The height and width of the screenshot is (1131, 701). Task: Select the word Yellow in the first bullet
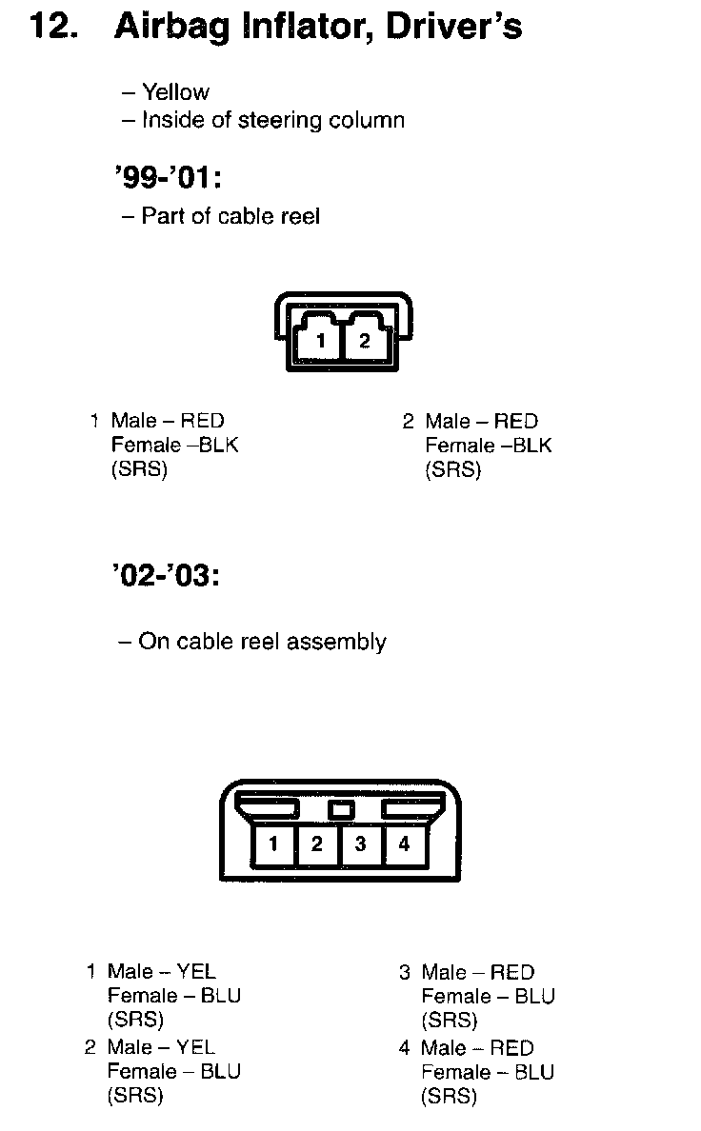click(175, 92)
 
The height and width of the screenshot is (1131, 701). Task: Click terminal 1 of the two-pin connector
click(322, 340)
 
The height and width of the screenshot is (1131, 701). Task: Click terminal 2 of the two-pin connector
click(365, 340)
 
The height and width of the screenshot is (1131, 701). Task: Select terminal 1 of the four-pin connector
click(273, 843)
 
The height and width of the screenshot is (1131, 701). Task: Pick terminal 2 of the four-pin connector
click(317, 843)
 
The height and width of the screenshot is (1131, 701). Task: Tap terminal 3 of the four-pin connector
click(361, 843)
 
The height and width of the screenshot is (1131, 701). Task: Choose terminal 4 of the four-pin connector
click(404, 843)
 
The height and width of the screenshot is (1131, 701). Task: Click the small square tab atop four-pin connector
click(340, 810)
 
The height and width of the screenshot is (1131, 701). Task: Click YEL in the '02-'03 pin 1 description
click(196, 972)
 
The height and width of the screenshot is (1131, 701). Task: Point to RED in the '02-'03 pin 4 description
click(512, 1048)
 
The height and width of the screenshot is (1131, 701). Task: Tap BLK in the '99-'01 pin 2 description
click(531, 446)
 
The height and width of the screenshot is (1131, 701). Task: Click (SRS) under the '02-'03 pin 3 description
click(449, 1021)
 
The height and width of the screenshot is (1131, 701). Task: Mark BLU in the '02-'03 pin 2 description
click(220, 1072)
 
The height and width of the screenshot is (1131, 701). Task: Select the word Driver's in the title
click(453, 27)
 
